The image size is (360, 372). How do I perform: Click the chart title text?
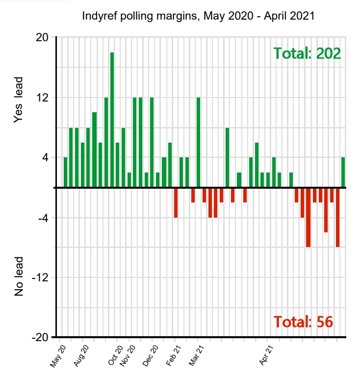click(x=198, y=16)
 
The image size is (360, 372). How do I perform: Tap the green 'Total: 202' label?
click(x=307, y=53)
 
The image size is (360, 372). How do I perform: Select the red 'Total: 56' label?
click(x=303, y=322)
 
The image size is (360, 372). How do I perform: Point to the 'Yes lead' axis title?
click(x=19, y=106)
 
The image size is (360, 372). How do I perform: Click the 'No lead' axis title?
click(x=19, y=275)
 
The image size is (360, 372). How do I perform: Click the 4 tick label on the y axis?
click(x=44, y=158)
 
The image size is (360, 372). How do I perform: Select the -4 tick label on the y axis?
click(x=42, y=218)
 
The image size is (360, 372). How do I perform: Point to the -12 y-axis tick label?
click(x=40, y=278)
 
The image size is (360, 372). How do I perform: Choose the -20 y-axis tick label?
click(x=40, y=338)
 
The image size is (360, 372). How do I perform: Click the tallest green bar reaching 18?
click(x=112, y=120)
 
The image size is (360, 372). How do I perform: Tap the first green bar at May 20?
click(x=65, y=173)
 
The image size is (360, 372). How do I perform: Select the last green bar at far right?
click(x=343, y=173)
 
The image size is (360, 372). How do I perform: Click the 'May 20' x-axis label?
click(x=58, y=356)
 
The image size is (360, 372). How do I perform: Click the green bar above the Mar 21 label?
click(x=199, y=143)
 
